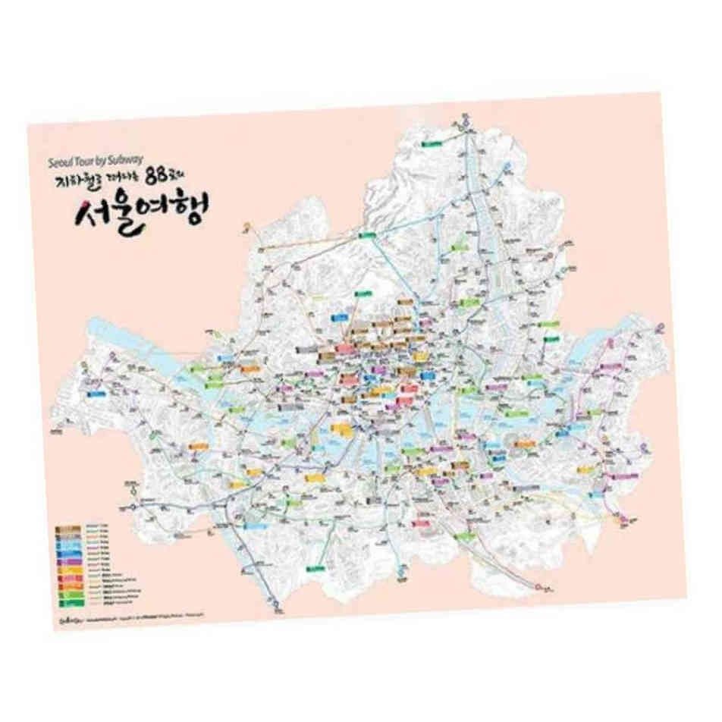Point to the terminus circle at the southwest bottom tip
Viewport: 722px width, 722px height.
[281, 607]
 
